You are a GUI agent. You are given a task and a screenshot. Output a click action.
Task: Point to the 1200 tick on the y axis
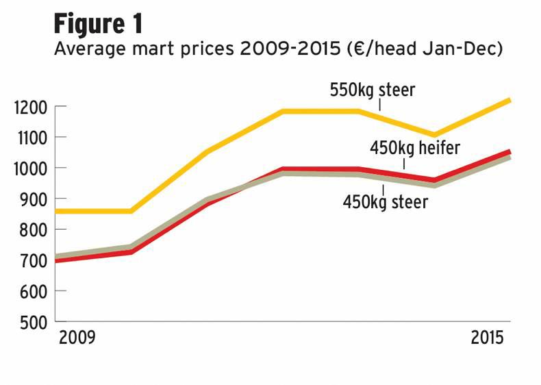tap(30, 107)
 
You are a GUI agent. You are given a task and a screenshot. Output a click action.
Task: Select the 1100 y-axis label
tap(30, 138)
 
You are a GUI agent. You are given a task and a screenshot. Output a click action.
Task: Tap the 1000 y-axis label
tap(30, 169)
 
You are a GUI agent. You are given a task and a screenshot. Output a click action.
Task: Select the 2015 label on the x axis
tap(490, 338)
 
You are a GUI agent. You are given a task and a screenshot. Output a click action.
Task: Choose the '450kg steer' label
tap(386, 202)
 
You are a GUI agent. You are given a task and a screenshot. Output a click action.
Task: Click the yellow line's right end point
tap(509, 101)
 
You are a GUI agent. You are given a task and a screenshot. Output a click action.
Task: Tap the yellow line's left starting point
tap(56, 211)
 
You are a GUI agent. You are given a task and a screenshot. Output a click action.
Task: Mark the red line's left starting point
tap(56, 261)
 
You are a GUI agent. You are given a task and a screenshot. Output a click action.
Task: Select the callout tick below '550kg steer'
tap(379, 105)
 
